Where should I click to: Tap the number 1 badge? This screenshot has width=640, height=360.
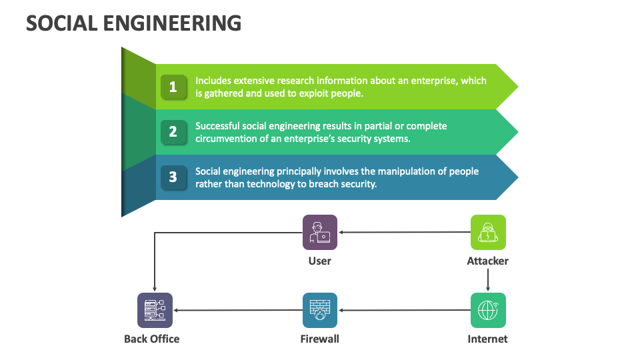coord(173,87)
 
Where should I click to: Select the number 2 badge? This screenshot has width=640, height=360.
coord(173,132)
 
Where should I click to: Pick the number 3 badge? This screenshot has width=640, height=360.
coord(173,177)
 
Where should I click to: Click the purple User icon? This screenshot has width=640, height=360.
coord(320,232)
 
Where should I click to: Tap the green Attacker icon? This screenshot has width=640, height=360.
coord(488,232)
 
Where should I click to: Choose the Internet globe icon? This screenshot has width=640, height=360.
coord(488,310)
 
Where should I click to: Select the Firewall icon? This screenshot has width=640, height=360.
coord(320,310)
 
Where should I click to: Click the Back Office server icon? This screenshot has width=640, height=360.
coord(155,310)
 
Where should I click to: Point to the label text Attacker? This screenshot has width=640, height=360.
coord(487,261)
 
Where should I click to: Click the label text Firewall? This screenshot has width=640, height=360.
coord(320,339)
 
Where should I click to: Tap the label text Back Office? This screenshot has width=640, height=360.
coord(152,339)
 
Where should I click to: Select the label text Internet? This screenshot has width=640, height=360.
coord(487,339)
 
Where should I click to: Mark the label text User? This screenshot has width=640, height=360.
coord(320,261)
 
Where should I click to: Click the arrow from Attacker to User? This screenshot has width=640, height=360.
coord(404,233)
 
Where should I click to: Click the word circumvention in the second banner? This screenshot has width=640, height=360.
coord(226,139)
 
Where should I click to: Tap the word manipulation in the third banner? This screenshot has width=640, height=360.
coord(391,171)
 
